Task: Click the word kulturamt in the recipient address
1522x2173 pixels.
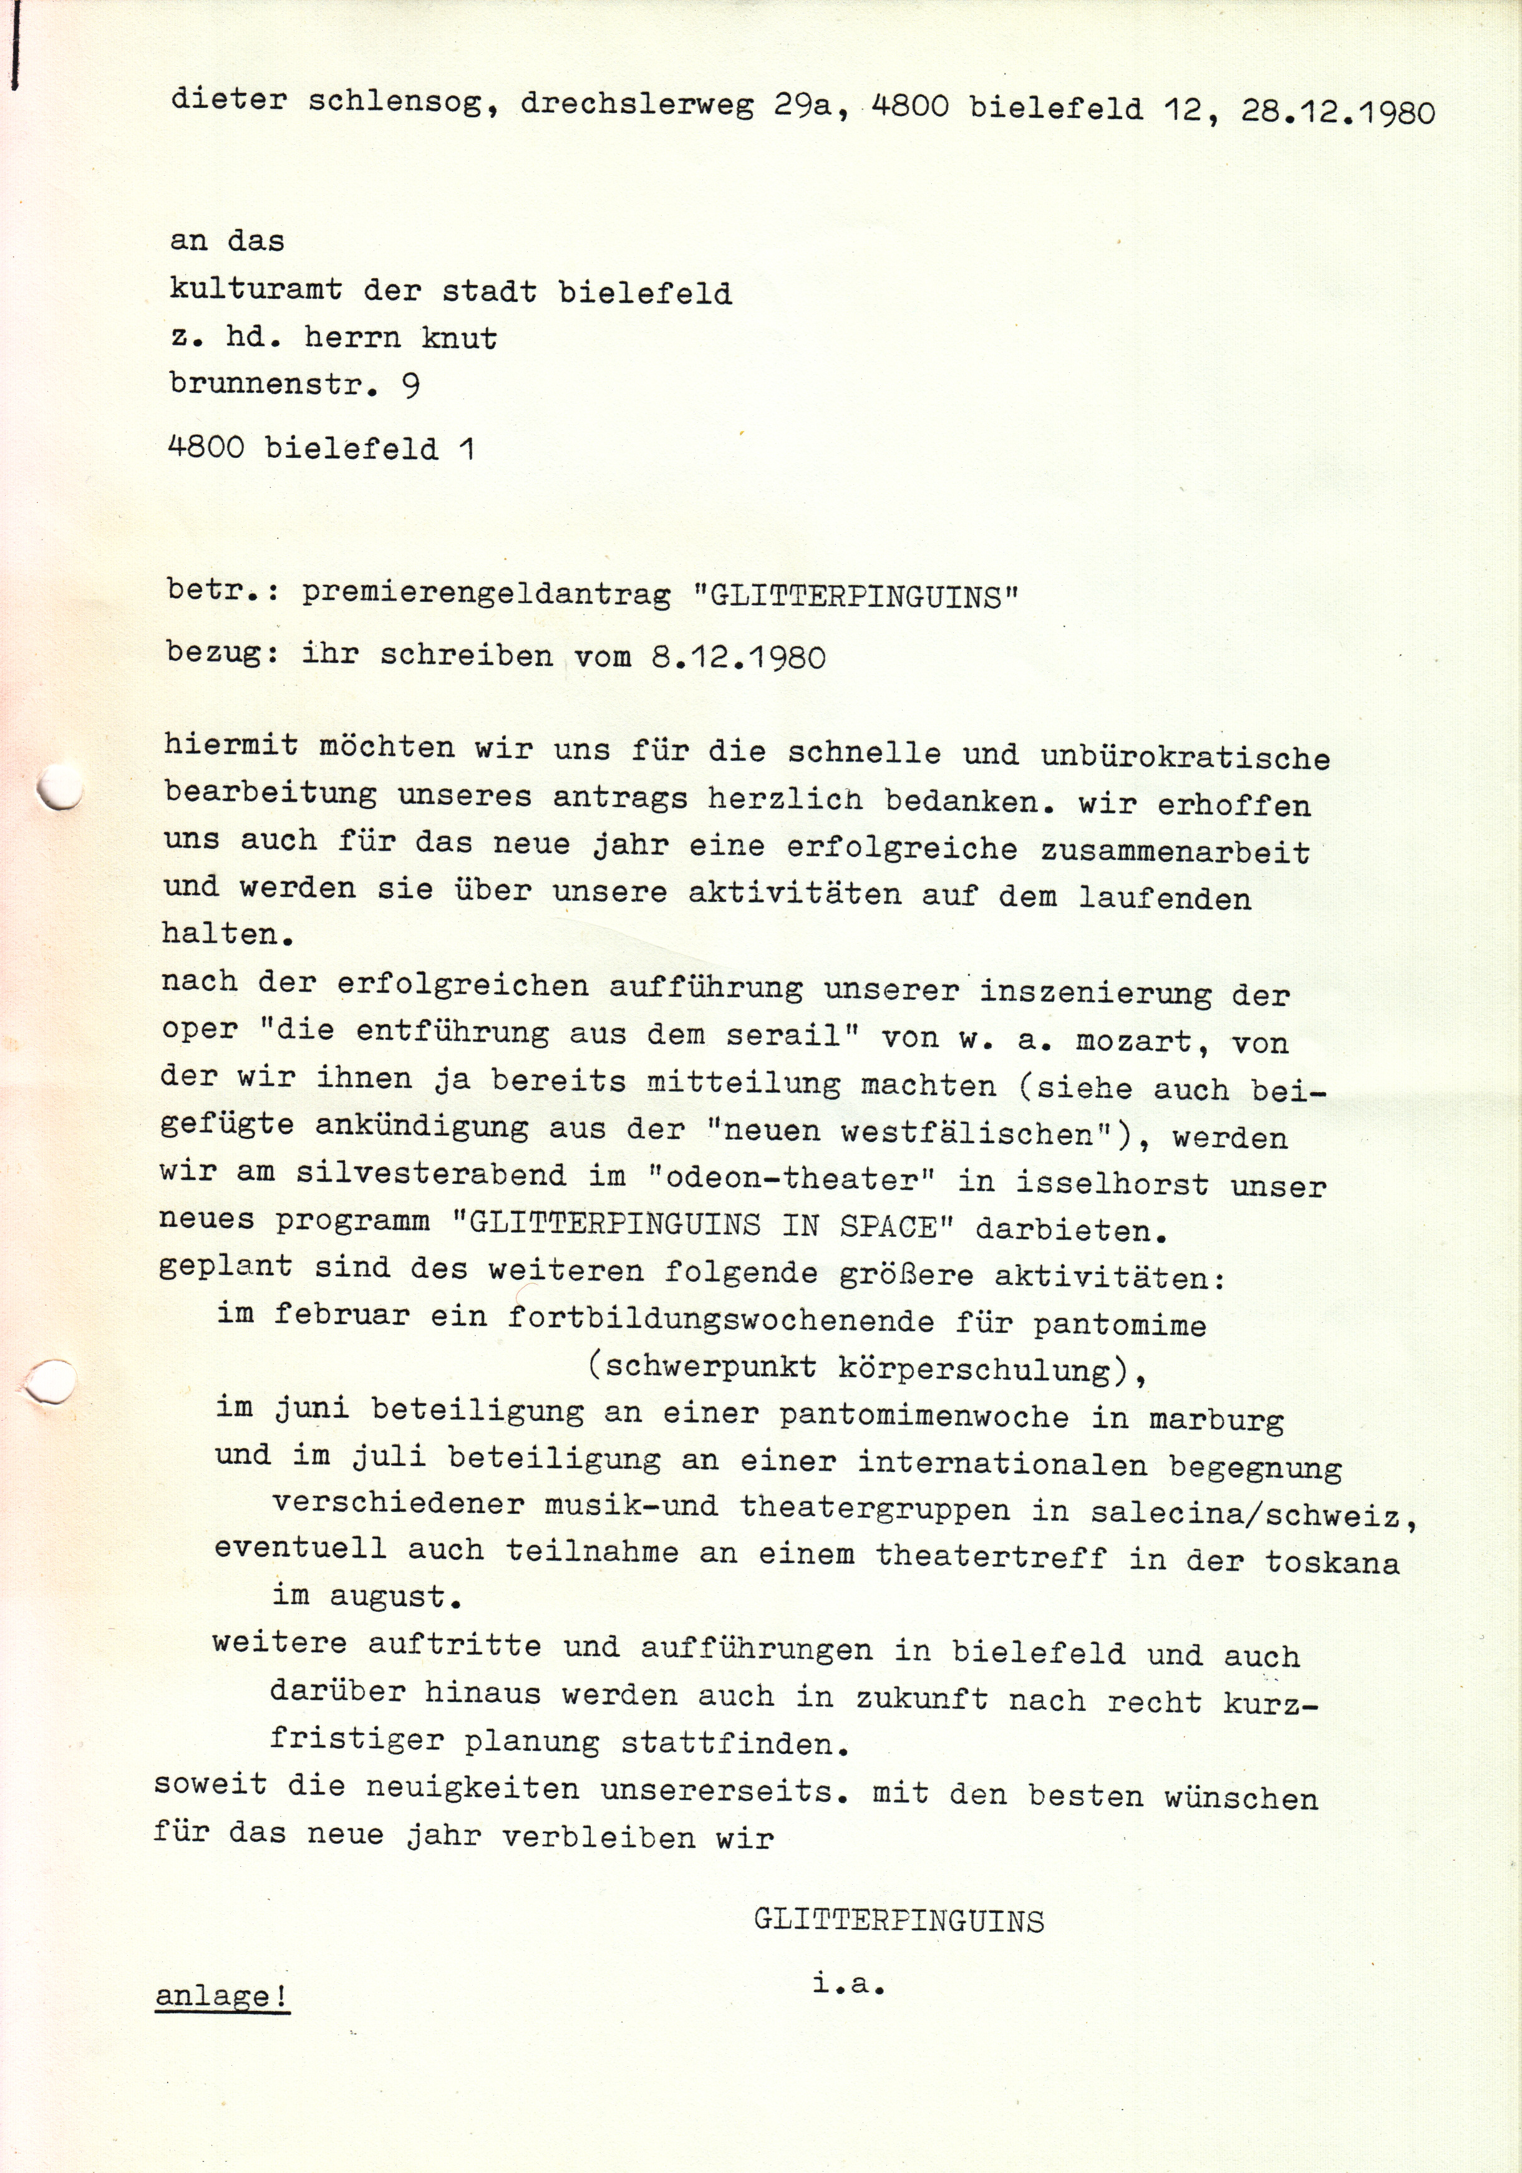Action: [256, 289]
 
